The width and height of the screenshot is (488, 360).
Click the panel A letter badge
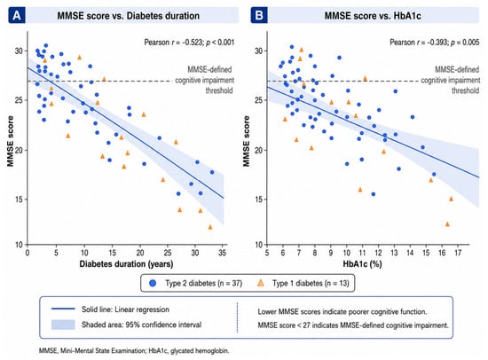17,15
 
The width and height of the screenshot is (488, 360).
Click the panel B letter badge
259,15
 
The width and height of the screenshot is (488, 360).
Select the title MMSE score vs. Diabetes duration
129,16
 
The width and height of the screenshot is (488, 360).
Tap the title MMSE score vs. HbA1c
373,16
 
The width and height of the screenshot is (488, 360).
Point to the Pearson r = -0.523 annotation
189,42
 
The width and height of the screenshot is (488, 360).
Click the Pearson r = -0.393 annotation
435,42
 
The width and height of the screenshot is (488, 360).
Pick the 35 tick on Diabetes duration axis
222,253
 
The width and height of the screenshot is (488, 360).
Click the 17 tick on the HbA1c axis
458,253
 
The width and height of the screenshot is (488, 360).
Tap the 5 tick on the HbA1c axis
267,253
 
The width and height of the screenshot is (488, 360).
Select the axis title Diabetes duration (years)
126,264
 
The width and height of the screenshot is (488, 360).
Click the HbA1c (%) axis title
362,264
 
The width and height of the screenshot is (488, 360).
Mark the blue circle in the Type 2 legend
153,283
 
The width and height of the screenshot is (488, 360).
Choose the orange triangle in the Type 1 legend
261,283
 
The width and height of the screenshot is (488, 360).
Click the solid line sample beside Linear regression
63,309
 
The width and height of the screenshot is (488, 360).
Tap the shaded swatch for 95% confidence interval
63,325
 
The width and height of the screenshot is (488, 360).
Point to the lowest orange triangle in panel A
210,227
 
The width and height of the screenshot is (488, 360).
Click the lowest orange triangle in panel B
447,224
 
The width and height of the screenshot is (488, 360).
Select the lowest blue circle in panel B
374,194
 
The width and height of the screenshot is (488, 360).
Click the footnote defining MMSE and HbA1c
134,350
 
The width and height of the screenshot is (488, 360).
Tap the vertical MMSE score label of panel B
247,141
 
